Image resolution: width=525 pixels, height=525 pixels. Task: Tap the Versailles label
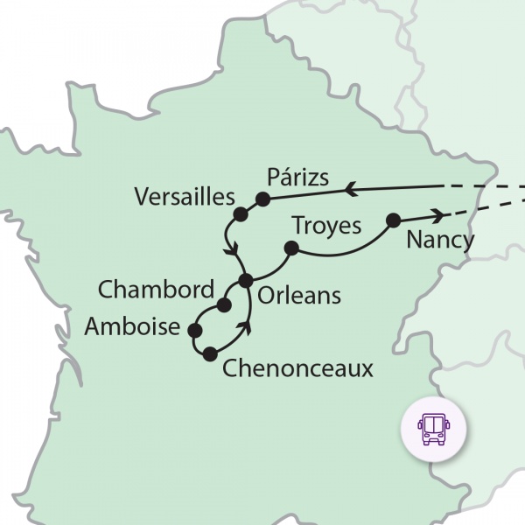(x=185, y=197)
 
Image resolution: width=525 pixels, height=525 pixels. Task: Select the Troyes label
(x=326, y=226)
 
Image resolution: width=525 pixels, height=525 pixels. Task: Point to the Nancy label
(x=440, y=240)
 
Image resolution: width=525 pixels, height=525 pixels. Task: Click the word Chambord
(x=156, y=289)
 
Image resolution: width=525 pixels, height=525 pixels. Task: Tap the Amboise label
(x=135, y=327)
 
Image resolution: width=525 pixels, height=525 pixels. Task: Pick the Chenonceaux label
(x=297, y=368)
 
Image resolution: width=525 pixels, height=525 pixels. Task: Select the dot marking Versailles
(x=240, y=213)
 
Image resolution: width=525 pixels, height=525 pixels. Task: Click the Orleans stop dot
(x=246, y=281)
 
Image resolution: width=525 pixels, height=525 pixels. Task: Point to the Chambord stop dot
(x=223, y=305)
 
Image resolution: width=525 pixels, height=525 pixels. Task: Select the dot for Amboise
(x=194, y=331)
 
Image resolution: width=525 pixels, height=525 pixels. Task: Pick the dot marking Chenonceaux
(x=209, y=354)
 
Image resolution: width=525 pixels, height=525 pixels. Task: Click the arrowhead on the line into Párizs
(x=350, y=187)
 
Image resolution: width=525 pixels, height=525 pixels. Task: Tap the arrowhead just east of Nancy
(x=435, y=214)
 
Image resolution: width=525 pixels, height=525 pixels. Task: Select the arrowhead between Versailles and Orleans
(x=234, y=250)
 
